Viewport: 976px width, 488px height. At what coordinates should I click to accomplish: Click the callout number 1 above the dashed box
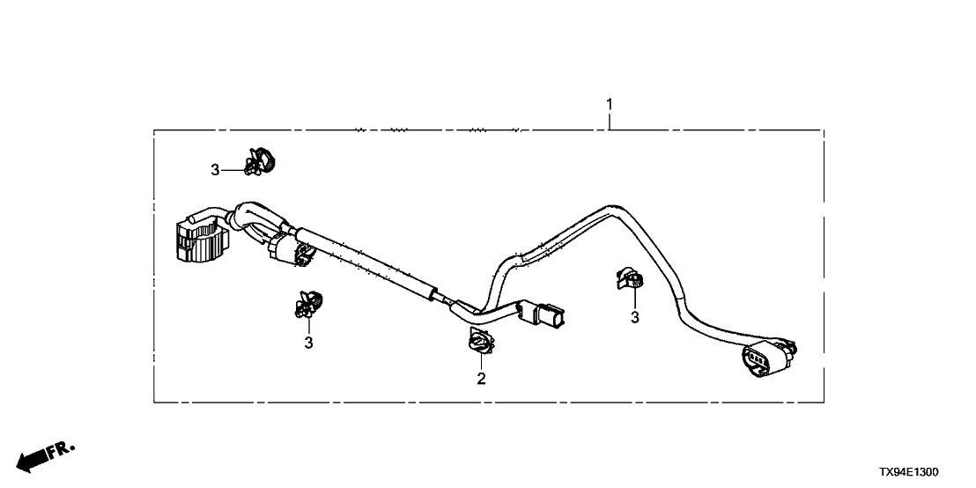(609, 106)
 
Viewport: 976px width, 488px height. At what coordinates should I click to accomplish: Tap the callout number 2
(481, 379)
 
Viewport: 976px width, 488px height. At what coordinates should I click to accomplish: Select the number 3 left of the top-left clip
(215, 170)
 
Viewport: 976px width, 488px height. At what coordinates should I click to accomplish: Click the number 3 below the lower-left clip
(308, 342)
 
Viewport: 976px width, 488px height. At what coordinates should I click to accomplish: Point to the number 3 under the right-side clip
(634, 317)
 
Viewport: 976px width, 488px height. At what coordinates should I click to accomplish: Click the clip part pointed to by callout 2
(479, 342)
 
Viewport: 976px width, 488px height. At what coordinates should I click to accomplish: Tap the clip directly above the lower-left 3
(308, 304)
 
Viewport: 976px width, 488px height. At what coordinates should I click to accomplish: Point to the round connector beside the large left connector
(292, 249)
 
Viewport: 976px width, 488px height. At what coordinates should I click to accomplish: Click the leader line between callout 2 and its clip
(481, 363)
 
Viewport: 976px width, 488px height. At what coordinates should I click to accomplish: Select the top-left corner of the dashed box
(155, 130)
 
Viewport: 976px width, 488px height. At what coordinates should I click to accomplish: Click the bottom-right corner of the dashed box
(824, 402)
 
